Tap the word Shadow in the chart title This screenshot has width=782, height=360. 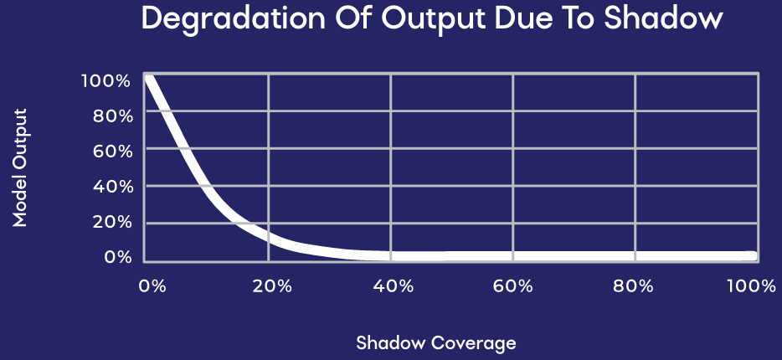pyautogui.click(x=663, y=18)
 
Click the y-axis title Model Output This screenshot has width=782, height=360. pyautogui.click(x=19, y=167)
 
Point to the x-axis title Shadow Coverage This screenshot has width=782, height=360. pyautogui.click(x=436, y=343)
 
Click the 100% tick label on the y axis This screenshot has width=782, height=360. pyautogui.click(x=105, y=80)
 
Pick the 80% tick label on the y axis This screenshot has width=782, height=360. pyautogui.click(x=113, y=116)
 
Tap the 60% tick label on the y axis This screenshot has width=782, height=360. pyautogui.click(x=113, y=151)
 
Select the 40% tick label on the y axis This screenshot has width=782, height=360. pyautogui.click(x=113, y=187)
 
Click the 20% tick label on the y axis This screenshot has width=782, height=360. pyautogui.click(x=113, y=222)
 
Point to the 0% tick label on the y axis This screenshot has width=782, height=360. pyautogui.click(x=118, y=257)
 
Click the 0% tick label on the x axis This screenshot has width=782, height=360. pyautogui.click(x=152, y=286)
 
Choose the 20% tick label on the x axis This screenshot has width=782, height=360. pyautogui.click(x=271, y=286)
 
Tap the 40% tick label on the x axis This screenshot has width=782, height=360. pyautogui.click(x=393, y=286)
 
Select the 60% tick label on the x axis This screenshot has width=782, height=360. pyautogui.click(x=515, y=286)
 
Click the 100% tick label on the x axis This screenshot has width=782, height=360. pyautogui.click(x=751, y=286)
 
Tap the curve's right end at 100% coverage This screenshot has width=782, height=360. pyautogui.click(x=754, y=256)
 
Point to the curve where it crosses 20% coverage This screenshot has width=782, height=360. pyautogui.click(x=269, y=237)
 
